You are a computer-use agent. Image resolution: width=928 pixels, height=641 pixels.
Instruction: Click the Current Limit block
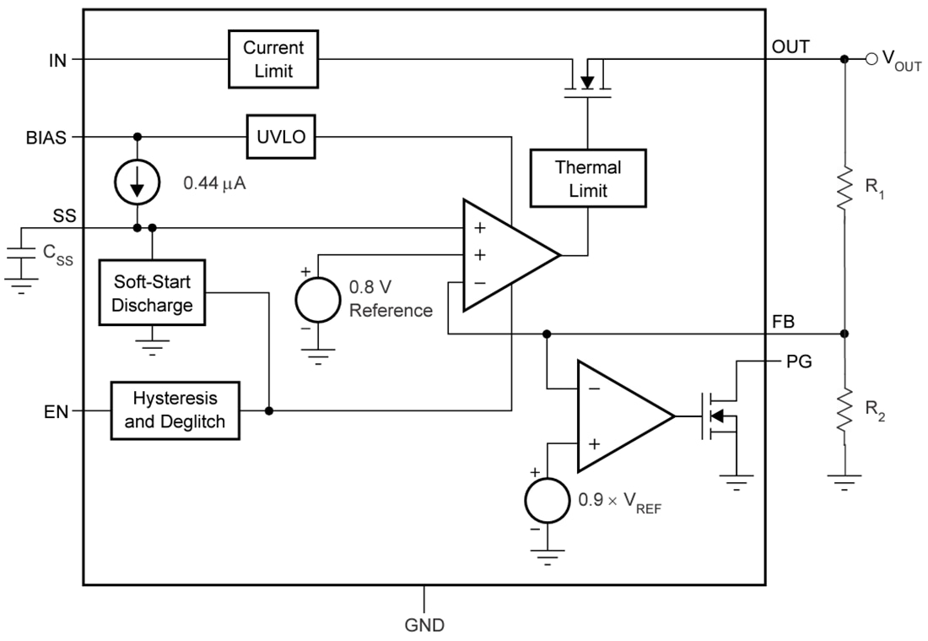pyautogui.click(x=274, y=58)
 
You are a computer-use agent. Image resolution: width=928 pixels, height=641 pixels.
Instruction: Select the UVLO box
pyautogui.click(x=281, y=137)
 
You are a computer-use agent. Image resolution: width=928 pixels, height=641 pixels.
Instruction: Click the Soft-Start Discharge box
pyautogui.click(x=152, y=292)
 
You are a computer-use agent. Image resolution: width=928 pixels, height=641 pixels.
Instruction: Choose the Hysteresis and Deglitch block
pyautogui.click(x=175, y=410)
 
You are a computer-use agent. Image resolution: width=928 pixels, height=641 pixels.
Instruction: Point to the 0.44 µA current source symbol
pyautogui.click(x=137, y=183)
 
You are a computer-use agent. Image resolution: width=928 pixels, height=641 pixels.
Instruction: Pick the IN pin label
pyautogui.click(x=58, y=58)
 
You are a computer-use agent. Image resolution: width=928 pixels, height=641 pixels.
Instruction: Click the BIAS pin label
pyautogui.click(x=46, y=137)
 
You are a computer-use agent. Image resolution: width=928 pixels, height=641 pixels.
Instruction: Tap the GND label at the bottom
pyautogui.click(x=424, y=626)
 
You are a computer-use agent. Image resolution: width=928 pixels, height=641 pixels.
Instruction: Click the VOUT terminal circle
pyautogui.click(x=872, y=58)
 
